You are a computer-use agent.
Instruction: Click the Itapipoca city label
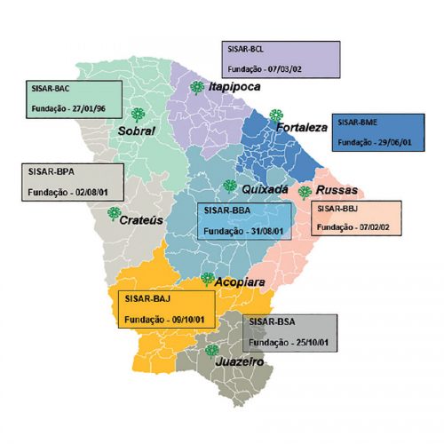(x=234, y=88)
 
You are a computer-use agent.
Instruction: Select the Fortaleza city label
(x=302, y=127)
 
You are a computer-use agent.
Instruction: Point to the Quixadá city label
(x=265, y=189)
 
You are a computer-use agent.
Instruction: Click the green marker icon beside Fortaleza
(x=276, y=115)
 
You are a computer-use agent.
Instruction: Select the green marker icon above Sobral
(x=138, y=114)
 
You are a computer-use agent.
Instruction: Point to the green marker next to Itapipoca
(x=195, y=86)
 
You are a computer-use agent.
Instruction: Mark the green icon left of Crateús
(x=113, y=213)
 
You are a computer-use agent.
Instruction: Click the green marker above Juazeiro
(x=211, y=350)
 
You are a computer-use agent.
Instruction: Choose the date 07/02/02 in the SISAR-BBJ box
(x=369, y=227)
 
